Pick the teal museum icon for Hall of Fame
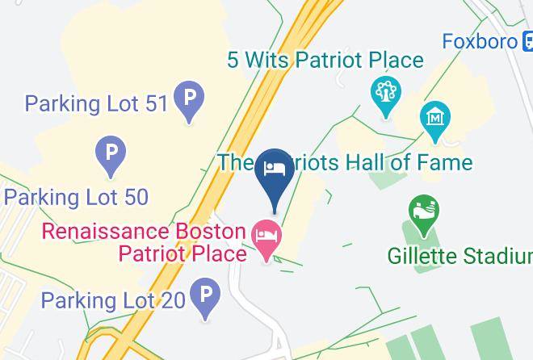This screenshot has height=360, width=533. click(434, 116)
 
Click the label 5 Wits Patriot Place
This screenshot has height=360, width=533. click(325, 61)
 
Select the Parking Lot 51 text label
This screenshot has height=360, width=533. click(95, 103)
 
